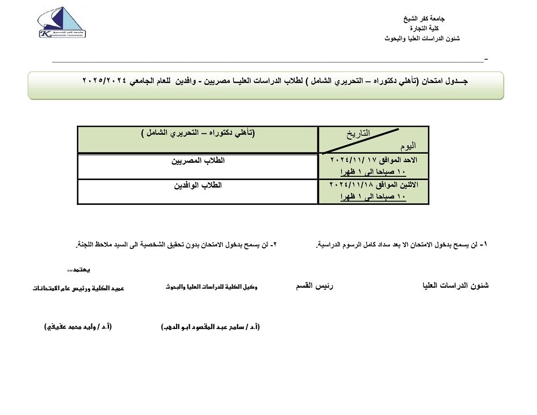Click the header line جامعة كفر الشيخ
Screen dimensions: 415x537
click(424, 18)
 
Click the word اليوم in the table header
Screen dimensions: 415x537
click(408, 146)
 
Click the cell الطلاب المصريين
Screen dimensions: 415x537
click(197, 160)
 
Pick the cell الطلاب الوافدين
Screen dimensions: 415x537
click(197, 185)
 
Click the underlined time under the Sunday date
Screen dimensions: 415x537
click(374, 172)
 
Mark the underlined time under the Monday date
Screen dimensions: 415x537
click(374, 197)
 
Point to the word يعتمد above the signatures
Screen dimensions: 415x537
click(79, 269)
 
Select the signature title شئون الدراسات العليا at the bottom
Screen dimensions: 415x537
click(455, 286)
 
